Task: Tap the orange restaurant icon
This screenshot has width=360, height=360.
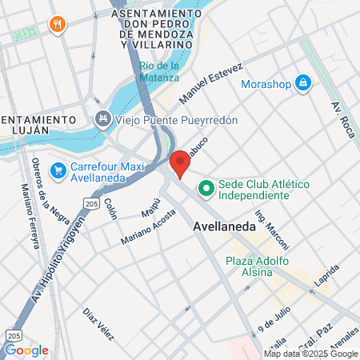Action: tap(56, 24)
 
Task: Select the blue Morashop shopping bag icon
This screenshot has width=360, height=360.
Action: tap(303, 82)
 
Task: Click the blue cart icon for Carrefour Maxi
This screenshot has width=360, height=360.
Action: tap(58, 170)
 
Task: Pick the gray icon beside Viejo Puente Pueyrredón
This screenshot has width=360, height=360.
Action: tap(103, 120)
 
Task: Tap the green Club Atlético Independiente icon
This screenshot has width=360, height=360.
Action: tap(206, 189)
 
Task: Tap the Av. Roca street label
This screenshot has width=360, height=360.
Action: tap(339, 119)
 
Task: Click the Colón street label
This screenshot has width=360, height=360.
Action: tap(110, 210)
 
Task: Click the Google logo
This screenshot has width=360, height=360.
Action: tap(26, 350)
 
